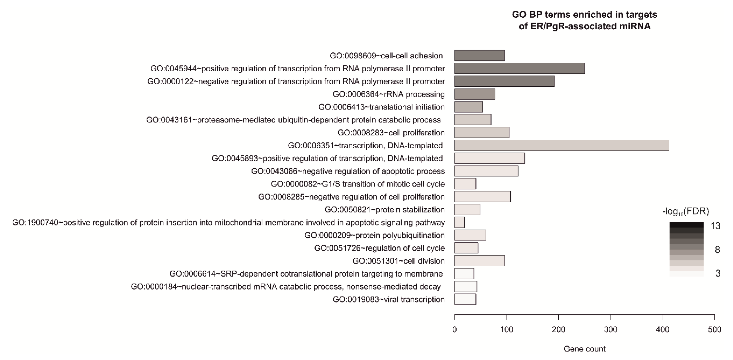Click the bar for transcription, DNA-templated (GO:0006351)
point(561,145)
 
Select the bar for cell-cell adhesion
point(479,56)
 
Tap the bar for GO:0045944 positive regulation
point(519,68)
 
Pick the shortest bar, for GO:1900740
point(459,222)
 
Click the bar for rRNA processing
point(475,94)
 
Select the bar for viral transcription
point(465,299)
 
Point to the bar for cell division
point(479,261)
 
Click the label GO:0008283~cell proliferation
point(391,133)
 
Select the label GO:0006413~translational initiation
point(381,107)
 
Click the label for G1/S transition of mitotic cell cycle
point(358,184)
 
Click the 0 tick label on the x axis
point(454,330)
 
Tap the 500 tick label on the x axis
point(714,330)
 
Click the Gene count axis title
point(584,349)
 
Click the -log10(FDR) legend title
point(685,211)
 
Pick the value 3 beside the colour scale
point(718,273)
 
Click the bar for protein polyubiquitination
point(470,235)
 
